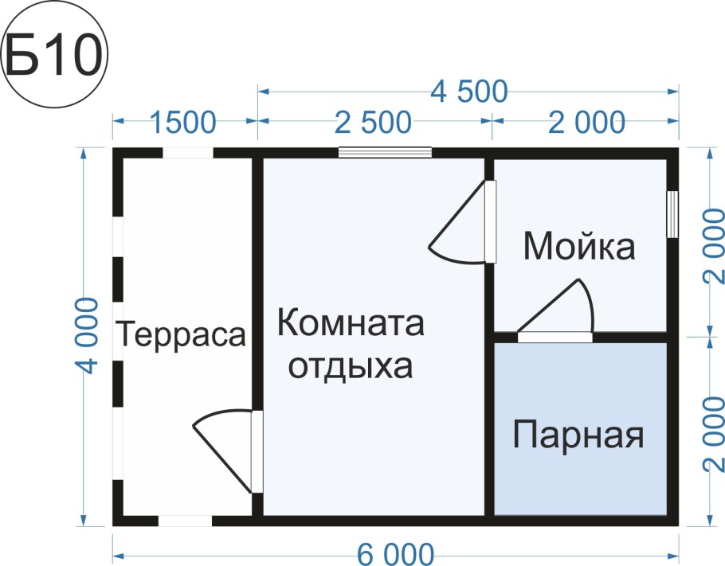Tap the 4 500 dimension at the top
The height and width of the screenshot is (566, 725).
(x=469, y=92)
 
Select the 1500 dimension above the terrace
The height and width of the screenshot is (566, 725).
(x=184, y=123)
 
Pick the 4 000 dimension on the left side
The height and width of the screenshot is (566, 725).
(x=88, y=335)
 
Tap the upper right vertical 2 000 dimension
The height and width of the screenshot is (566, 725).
(x=713, y=243)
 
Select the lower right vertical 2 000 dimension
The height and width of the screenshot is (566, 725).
(x=713, y=431)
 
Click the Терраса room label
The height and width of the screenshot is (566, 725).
(x=181, y=334)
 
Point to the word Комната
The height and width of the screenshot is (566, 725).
(x=351, y=325)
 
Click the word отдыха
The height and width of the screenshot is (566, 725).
(x=351, y=367)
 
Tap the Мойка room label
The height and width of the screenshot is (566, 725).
(x=579, y=248)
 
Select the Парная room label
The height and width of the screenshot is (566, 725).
(x=578, y=436)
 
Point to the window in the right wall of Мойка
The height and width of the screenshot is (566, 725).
(x=672, y=213)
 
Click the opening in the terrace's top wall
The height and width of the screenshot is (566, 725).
(x=187, y=153)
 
